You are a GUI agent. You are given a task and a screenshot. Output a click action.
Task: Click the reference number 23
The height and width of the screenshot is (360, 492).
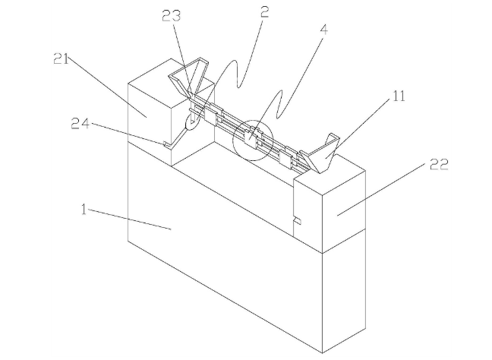[172, 16]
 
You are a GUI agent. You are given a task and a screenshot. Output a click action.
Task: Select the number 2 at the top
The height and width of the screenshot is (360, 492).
[264, 12]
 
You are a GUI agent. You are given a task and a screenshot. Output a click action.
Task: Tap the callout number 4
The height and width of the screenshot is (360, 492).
[323, 30]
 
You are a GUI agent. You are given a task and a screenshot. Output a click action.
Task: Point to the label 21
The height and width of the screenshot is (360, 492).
[61, 58]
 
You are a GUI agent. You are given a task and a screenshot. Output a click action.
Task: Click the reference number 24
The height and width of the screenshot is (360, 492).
[80, 124]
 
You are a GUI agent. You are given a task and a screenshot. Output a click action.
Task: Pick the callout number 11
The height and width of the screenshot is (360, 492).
[399, 96]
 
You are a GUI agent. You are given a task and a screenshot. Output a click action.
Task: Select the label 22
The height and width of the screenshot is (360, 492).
[439, 164]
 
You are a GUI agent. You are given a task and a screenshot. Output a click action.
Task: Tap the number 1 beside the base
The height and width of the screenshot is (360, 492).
[84, 210]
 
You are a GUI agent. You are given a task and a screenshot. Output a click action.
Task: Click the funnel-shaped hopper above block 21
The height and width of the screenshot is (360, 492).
[189, 77]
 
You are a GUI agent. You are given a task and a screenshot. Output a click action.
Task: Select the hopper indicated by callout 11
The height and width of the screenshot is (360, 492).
[320, 154]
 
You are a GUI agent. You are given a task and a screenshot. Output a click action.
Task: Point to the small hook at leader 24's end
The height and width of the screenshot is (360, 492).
[166, 144]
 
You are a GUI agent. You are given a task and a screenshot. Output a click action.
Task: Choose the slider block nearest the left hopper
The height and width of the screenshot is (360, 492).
[211, 114]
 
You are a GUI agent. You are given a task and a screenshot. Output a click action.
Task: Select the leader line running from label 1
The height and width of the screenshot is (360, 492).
[129, 219]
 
